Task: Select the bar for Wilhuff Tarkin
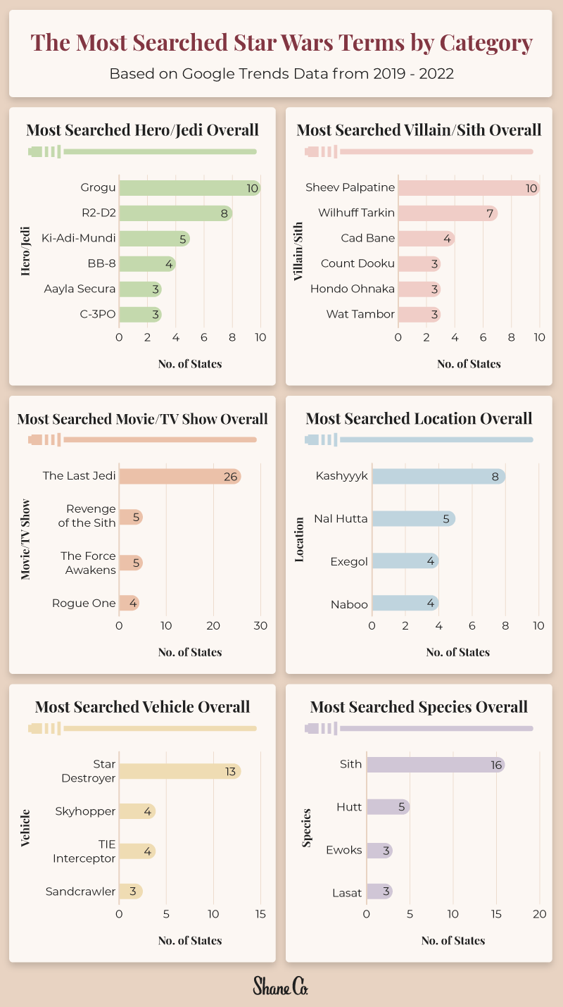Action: tap(447, 213)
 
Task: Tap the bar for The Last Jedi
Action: tap(179, 476)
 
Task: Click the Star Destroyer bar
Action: tap(179, 771)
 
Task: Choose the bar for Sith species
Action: tap(435, 765)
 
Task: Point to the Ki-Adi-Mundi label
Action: tap(78, 238)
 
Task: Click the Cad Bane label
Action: tap(367, 238)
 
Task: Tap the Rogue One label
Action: tap(84, 603)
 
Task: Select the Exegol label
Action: tap(349, 561)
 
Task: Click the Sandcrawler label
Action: tap(80, 892)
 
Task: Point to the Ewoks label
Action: tap(344, 850)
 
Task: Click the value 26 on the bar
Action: tap(230, 477)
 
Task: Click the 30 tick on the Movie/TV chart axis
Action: tap(260, 626)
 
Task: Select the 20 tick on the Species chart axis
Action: tap(540, 914)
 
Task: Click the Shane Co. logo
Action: tap(281, 986)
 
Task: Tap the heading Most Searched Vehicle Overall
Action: tap(142, 706)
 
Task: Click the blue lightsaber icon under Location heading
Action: tap(419, 440)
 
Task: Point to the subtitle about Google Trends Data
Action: tap(281, 73)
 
